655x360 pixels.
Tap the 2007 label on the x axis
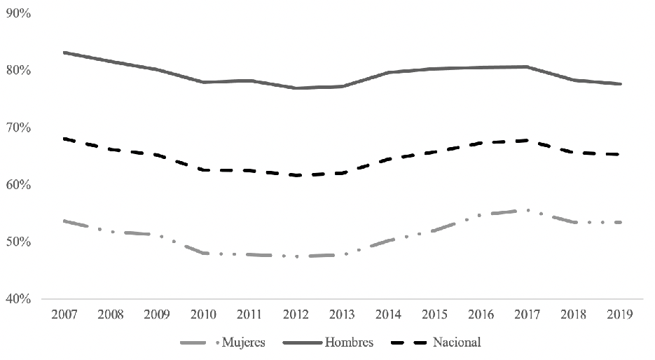[x=64, y=315]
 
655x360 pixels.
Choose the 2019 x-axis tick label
[x=620, y=315]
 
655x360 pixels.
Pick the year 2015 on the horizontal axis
[x=434, y=315]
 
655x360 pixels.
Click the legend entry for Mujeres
[x=242, y=342]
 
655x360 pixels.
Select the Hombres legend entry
[x=349, y=342]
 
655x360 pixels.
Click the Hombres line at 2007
[x=64, y=53]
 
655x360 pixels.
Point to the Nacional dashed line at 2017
[x=527, y=141]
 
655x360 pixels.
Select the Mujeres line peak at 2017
[x=527, y=210]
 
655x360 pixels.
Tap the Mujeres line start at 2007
[x=64, y=221]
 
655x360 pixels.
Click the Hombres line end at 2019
[x=620, y=84]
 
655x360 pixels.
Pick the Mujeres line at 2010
[x=203, y=253]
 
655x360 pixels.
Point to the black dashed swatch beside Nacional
[x=411, y=342]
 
